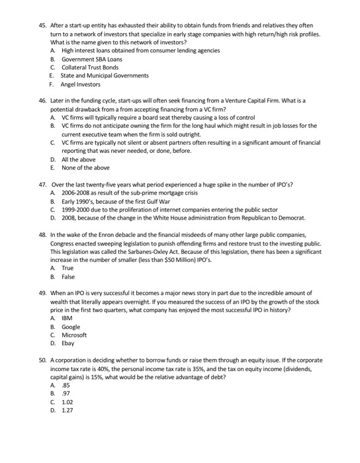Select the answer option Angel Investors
click(x=81, y=84)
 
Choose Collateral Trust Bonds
click(x=90, y=67)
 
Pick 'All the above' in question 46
click(x=78, y=159)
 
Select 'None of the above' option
click(x=83, y=168)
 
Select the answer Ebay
click(x=68, y=344)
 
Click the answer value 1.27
click(x=67, y=411)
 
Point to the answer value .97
click(x=66, y=394)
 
